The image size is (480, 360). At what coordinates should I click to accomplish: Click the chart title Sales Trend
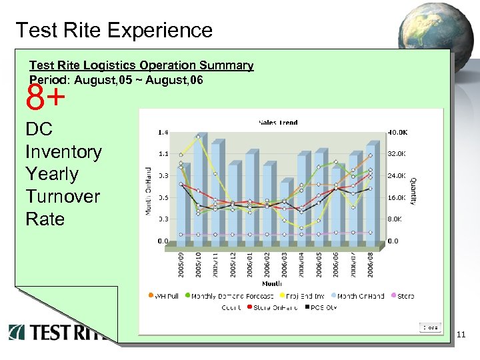277,123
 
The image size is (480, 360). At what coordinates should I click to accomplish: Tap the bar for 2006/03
284,213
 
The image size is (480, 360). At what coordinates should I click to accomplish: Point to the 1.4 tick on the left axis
162,132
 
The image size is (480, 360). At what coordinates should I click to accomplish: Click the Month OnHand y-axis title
149,190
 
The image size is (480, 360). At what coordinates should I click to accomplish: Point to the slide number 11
462,335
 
